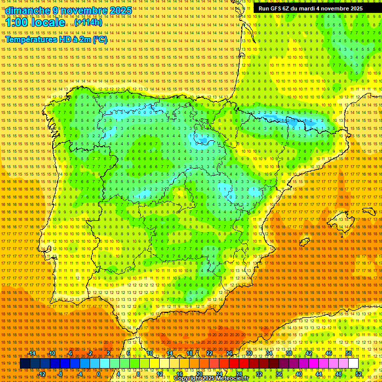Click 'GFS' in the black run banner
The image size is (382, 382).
(279, 8)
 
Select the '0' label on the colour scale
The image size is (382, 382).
(98, 374)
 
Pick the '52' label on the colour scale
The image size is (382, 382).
(359, 374)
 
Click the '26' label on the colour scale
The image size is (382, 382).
(229, 353)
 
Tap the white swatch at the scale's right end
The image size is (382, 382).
(353, 364)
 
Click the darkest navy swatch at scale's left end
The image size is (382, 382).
(24, 364)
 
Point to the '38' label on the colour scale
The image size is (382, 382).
(288, 353)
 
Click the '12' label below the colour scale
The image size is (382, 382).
(160, 374)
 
